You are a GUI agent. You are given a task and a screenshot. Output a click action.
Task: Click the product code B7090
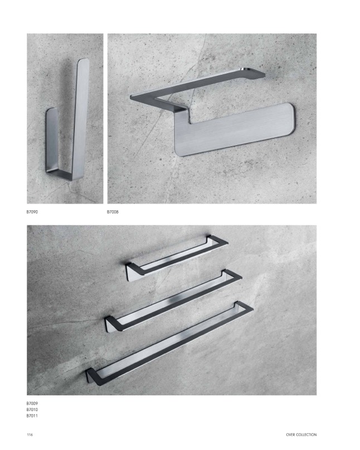[x=32, y=212]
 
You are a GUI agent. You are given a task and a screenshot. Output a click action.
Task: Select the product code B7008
[x=113, y=212]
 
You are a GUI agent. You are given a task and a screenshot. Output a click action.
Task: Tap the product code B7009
[x=32, y=403]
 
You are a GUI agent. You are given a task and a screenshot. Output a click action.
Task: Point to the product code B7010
[x=32, y=409]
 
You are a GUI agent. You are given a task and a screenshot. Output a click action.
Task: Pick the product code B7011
[x=32, y=415]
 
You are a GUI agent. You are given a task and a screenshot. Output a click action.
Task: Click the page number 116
[x=30, y=434]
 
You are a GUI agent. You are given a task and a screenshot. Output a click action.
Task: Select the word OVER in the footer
[x=290, y=435]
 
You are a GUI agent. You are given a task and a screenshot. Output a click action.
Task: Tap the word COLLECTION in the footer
[x=307, y=435]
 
